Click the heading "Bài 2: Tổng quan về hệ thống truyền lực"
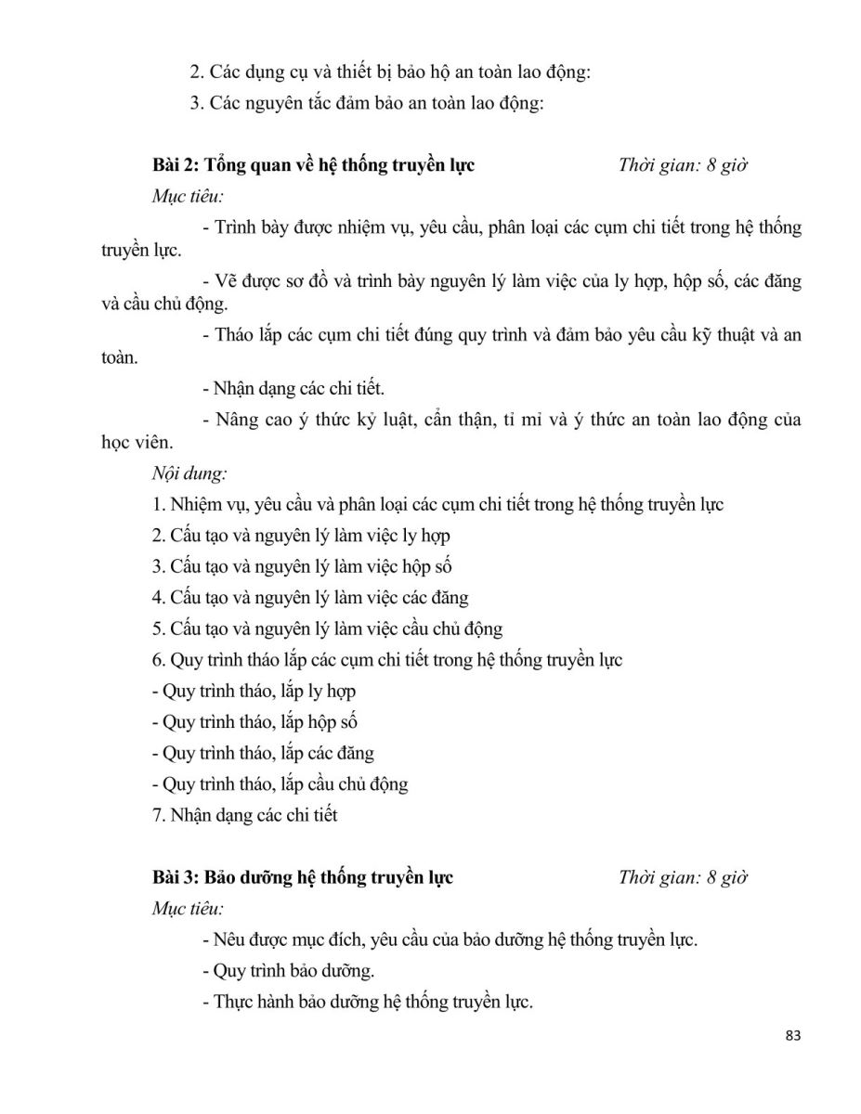pos(313,165)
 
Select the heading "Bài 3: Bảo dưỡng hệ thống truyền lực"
pos(303,876)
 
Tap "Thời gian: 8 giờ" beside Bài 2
pos(683,165)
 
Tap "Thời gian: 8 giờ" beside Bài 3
pos(683,876)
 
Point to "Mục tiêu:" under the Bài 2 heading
pos(188,197)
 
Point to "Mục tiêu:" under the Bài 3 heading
pos(188,908)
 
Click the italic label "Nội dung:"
pos(189,473)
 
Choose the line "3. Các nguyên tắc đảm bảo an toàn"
pos(366,103)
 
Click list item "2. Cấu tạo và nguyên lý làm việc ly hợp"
pos(301,536)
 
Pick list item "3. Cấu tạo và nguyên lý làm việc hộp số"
pos(301,566)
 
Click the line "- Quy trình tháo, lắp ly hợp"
pos(253,691)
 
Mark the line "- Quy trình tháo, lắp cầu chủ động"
pos(279,784)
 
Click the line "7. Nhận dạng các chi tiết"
pos(244,815)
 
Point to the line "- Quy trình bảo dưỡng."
pos(288,971)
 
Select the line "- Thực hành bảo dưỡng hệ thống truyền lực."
pos(367,1003)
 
